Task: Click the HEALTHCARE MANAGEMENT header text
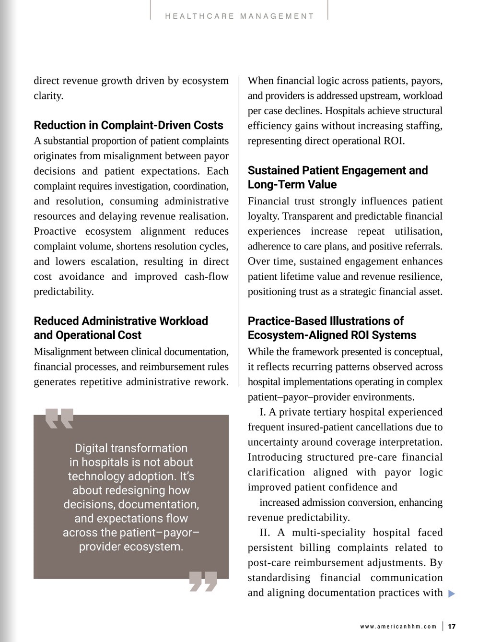pyautogui.click(x=239, y=16)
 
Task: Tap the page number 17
pyautogui.click(x=452, y=626)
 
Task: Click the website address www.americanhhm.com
pyautogui.click(x=398, y=626)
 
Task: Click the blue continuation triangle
pyautogui.click(x=451, y=594)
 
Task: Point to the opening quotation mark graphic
pyautogui.click(x=59, y=418)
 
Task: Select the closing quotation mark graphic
pyautogui.click(x=203, y=581)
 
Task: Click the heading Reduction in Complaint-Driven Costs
pyautogui.click(x=128, y=125)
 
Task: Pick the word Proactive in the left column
pyautogui.click(x=55, y=231)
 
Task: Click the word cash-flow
pyautogui.click(x=206, y=276)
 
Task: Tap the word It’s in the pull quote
pyautogui.click(x=185, y=476)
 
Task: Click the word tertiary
pyautogui.click(x=327, y=412)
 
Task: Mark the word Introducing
pyautogui.click(x=275, y=457)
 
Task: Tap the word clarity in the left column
pyautogui.click(x=48, y=95)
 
